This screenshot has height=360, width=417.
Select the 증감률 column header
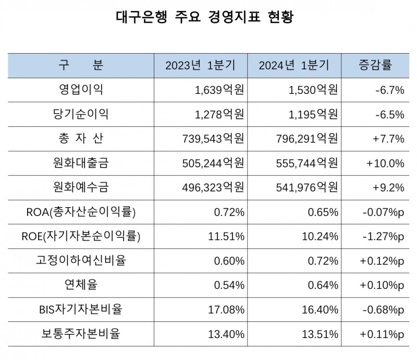[375, 65]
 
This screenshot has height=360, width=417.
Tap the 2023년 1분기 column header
[200, 66]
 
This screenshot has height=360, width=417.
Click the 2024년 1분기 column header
[293, 66]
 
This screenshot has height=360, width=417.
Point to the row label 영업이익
[80, 90]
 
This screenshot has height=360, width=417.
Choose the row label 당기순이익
[80, 114]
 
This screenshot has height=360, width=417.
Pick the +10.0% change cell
[385, 163]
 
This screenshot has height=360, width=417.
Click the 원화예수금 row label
[80, 188]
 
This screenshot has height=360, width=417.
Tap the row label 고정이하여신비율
[80, 261]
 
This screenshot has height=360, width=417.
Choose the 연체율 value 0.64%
[323, 285]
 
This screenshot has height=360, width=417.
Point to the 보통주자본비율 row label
[80, 334]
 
